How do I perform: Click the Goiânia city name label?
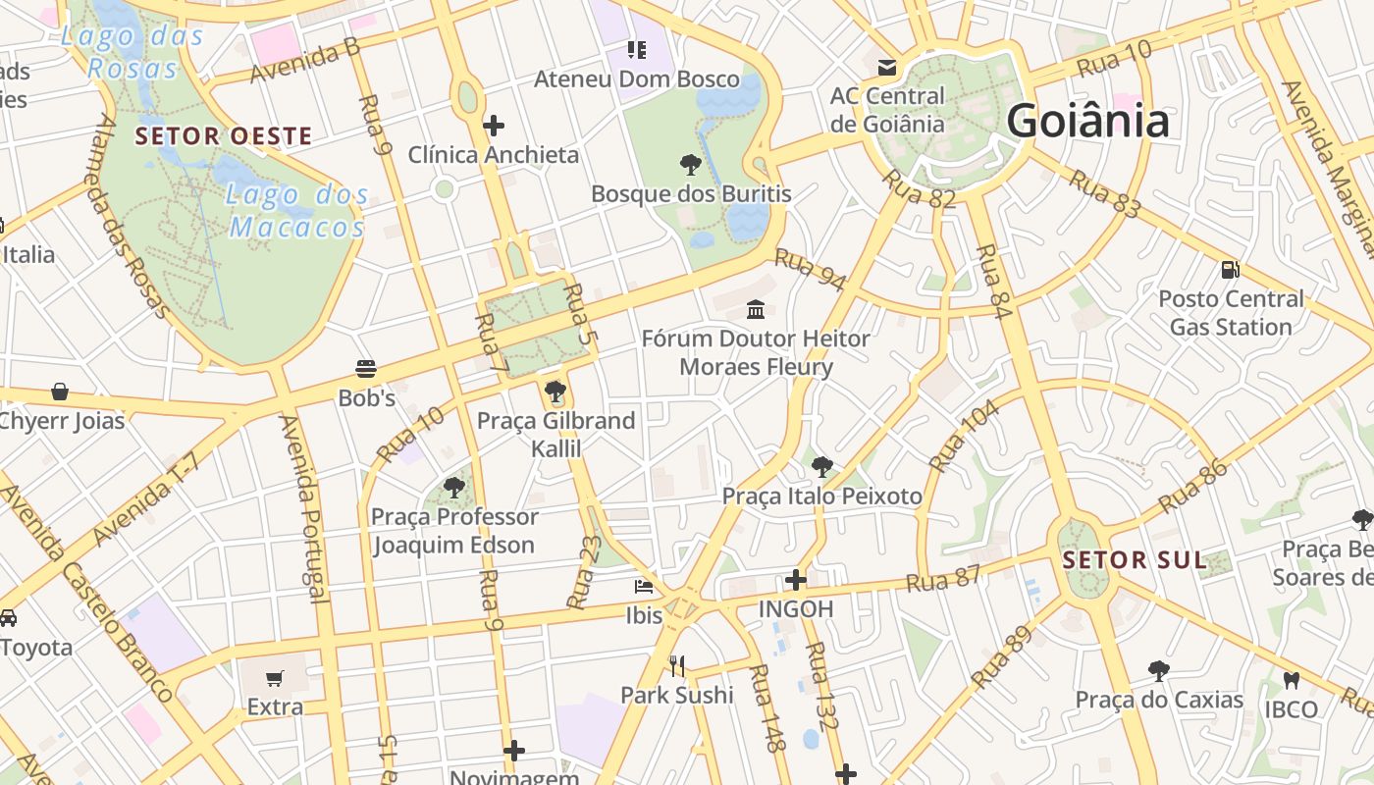pyautogui.click(x=1087, y=121)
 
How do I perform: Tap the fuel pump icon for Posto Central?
pyautogui.click(x=1230, y=270)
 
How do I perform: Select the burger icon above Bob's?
pyautogui.click(x=366, y=369)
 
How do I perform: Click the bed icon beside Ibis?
pyautogui.click(x=644, y=587)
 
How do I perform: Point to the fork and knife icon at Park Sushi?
pyautogui.click(x=676, y=666)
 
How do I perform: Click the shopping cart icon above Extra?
pyautogui.click(x=275, y=678)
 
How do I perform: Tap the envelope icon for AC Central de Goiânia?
pyautogui.click(x=887, y=67)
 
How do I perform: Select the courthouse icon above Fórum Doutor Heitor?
pyautogui.click(x=756, y=310)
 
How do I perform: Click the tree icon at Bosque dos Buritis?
pyautogui.click(x=690, y=164)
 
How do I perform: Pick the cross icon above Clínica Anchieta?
pyautogui.click(x=494, y=125)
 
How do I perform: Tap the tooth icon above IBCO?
pyautogui.click(x=1292, y=680)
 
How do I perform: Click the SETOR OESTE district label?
pyautogui.click(x=224, y=136)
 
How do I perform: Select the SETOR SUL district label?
pyautogui.click(x=1135, y=560)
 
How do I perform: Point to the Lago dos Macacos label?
pyautogui.click(x=296, y=211)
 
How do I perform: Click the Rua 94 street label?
pyautogui.click(x=810, y=270)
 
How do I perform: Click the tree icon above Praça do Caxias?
pyautogui.click(x=1159, y=671)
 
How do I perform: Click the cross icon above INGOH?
pyautogui.click(x=796, y=580)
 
